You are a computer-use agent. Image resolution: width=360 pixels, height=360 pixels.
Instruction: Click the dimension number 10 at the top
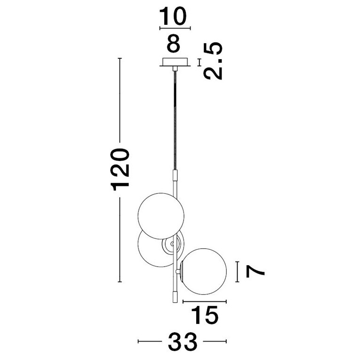point(173,16)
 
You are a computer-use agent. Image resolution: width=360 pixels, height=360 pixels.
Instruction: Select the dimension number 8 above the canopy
point(173,43)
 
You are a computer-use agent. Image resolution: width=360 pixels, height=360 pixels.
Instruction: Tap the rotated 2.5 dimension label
point(213,61)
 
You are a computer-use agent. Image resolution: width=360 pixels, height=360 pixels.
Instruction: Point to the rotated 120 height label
point(120,169)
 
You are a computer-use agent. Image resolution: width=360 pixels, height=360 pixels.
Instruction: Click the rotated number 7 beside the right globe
point(255,271)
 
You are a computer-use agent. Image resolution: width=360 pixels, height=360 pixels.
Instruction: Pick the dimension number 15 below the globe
point(205,315)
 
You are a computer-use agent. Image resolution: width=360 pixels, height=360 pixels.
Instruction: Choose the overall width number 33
point(183,341)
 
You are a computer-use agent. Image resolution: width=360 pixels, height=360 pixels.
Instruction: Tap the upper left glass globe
point(161,216)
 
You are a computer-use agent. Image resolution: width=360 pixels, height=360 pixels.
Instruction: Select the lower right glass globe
point(204,271)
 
